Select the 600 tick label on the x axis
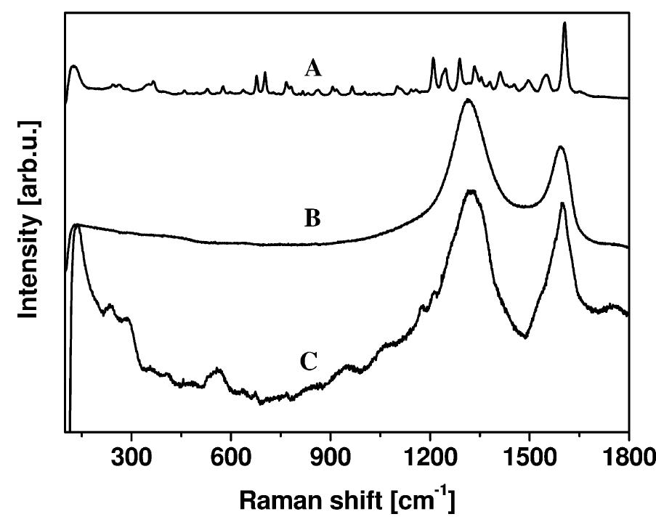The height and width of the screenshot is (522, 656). pyautogui.click(x=230, y=457)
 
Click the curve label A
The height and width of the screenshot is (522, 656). pyautogui.click(x=312, y=69)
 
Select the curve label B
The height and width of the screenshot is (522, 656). pyautogui.click(x=312, y=218)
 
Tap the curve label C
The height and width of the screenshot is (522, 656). pyautogui.click(x=309, y=362)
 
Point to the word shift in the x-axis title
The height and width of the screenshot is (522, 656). pyautogui.click(x=360, y=502)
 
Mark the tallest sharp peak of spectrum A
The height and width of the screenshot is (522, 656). pyautogui.click(x=564, y=23)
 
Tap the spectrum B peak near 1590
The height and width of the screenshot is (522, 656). pyautogui.click(x=559, y=147)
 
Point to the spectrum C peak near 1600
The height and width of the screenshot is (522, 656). pyautogui.click(x=562, y=203)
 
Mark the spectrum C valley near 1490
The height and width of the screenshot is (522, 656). pyautogui.click(x=525, y=337)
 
